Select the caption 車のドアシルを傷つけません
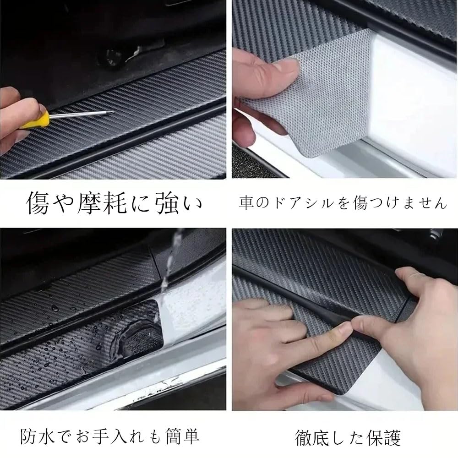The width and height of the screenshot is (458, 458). (x=343, y=202)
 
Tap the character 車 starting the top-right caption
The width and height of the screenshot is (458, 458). (x=245, y=202)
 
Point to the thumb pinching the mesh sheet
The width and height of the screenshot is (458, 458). (x=268, y=73)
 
